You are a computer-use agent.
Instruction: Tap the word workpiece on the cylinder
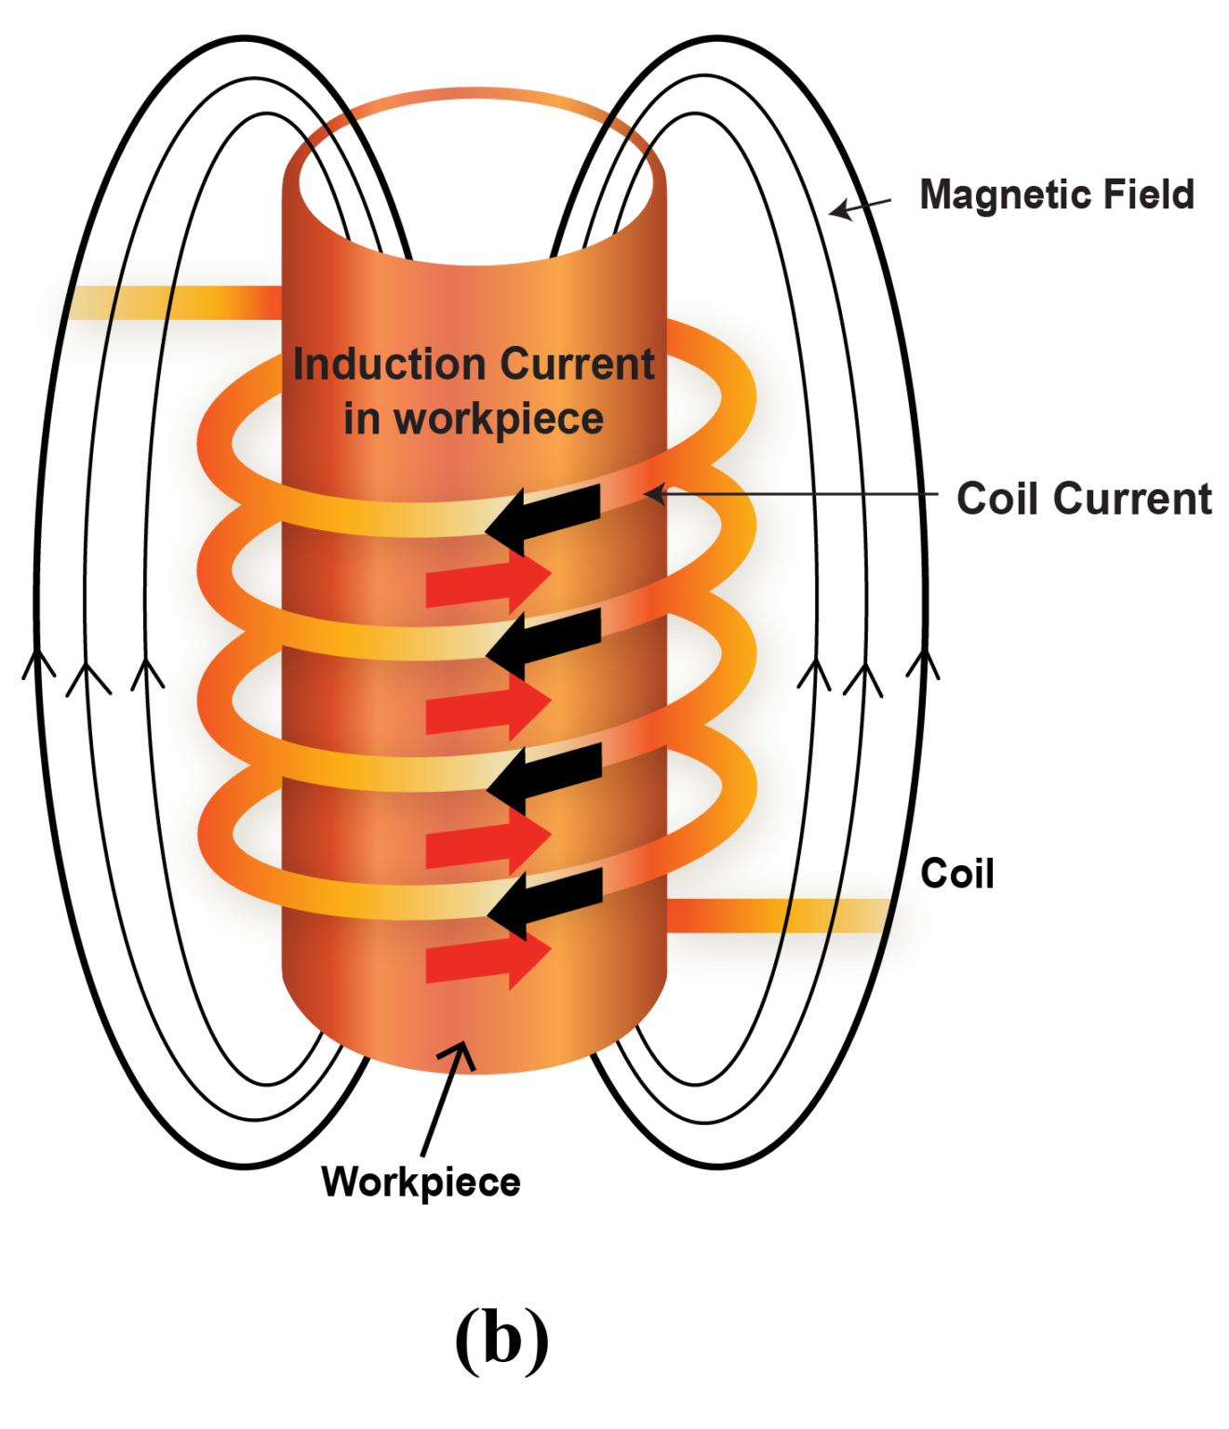(x=499, y=419)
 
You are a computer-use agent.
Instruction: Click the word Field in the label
(x=1148, y=194)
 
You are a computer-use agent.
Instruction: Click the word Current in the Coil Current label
(x=1133, y=498)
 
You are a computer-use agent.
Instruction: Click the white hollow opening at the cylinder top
(x=474, y=186)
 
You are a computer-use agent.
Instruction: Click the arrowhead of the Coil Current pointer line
(x=654, y=493)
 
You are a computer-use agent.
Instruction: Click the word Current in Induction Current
(x=577, y=364)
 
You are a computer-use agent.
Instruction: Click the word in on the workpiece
(x=361, y=419)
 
